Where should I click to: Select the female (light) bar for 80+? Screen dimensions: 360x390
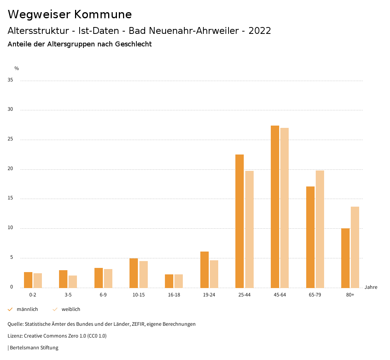pyautogui.click(x=355, y=247)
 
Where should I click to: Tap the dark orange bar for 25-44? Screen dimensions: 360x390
pyautogui.click(x=240, y=221)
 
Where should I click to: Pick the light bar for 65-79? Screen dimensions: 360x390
pyautogui.click(x=320, y=229)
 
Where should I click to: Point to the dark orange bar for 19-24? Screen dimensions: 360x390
pyautogui.click(x=205, y=269)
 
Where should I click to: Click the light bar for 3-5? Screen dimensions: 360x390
pyautogui.click(x=73, y=282)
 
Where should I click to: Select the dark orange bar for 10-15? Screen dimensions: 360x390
pyautogui.click(x=134, y=273)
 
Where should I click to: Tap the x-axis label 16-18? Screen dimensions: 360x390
pyautogui.click(x=174, y=295)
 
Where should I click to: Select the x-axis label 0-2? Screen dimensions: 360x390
pyautogui.click(x=33, y=295)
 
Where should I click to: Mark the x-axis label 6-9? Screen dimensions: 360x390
pyautogui.click(x=103, y=295)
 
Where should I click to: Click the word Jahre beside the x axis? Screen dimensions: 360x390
pyautogui.click(x=371, y=287)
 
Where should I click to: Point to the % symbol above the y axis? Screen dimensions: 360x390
pyautogui.click(x=17, y=68)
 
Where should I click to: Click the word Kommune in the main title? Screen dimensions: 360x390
pyautogui.click(x=103, y=14)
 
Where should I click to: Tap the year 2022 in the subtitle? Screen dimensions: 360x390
pyautogui.click(x=260, y=31)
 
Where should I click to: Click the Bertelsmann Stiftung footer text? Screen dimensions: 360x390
pyautogui.click(x=34, y=348)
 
